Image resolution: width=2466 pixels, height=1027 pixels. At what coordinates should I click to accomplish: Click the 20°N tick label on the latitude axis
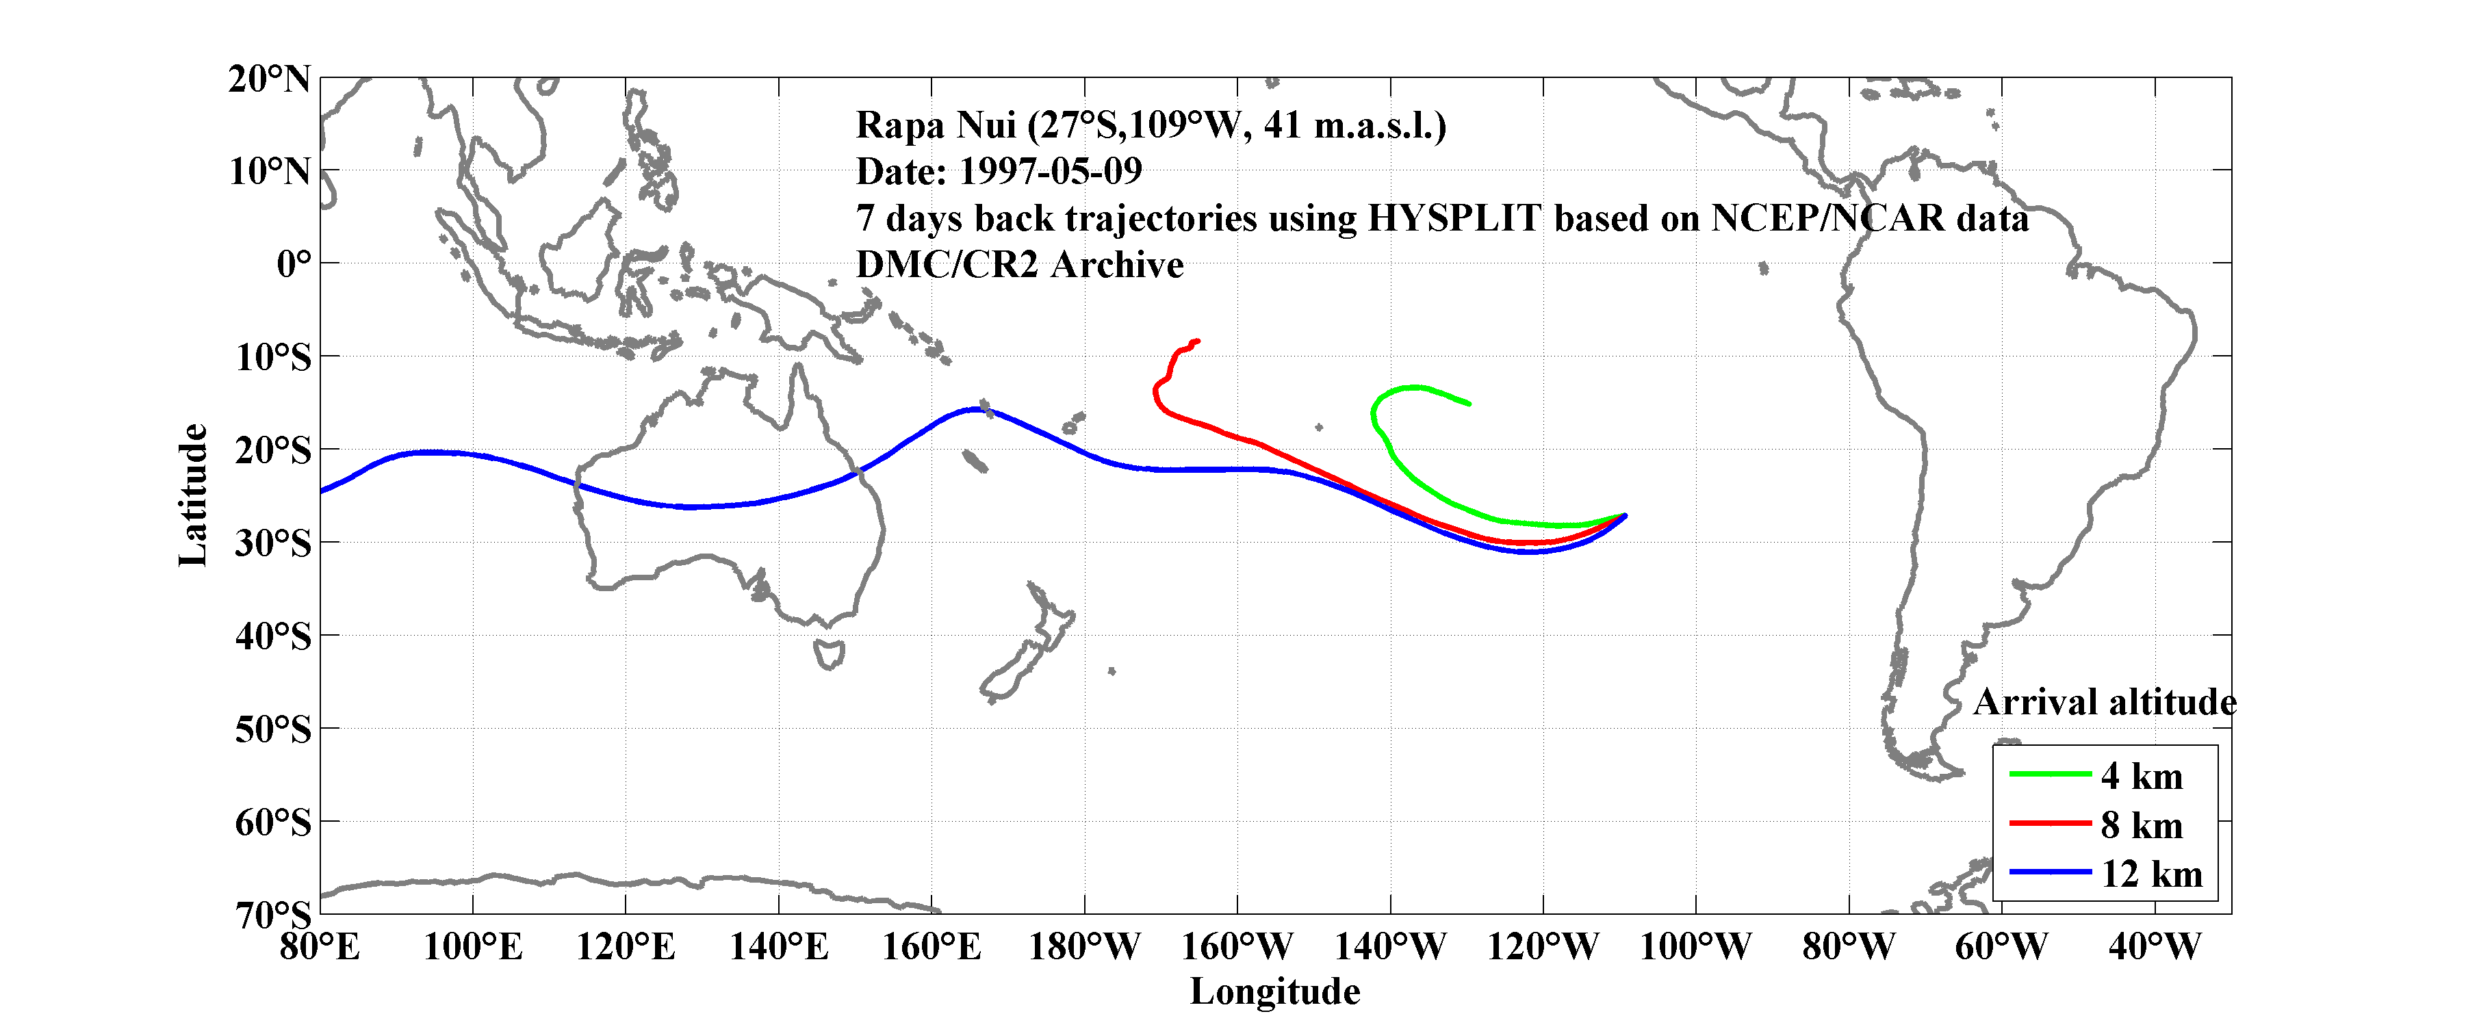[269, 79]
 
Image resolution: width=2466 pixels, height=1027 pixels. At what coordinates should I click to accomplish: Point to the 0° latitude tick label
[294, 264]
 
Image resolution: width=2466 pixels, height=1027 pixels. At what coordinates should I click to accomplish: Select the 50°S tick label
[273, 730]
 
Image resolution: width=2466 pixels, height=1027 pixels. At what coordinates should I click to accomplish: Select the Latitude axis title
[192, 495]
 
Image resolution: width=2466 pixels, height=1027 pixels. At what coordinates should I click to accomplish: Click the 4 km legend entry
[2142, 776]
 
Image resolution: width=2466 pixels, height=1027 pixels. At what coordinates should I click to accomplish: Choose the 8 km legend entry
[2142, 825]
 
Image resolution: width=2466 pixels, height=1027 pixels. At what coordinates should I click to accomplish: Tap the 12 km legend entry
[2151, 874]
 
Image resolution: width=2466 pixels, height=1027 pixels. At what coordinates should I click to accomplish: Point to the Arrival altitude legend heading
[2104, 703]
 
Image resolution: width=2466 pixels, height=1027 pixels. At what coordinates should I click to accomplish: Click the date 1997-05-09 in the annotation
[1050, 171]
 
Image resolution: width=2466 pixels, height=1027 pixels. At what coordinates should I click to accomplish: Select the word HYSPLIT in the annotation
[1453, 218]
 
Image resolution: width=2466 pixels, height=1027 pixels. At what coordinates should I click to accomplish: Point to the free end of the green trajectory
[1469, 404]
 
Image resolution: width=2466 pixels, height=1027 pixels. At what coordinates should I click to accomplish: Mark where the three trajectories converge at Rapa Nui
[1625, 516]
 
